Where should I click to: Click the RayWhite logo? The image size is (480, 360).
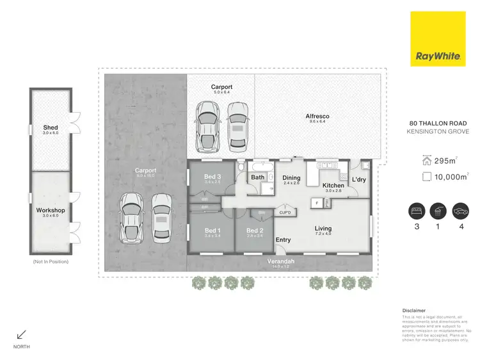click(438, 56)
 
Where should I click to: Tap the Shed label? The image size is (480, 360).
click(51, 128)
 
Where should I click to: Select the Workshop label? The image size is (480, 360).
click(50, 210)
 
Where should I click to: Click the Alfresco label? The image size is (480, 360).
click(317, 117)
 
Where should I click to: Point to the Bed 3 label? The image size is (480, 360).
click(212, 177)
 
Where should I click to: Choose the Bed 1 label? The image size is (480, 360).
click(212, 231)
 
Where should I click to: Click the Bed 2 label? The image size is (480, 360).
click(255, 231)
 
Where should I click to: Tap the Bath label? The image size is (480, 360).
click(258, 177)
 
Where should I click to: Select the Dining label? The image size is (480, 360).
click(292, 177)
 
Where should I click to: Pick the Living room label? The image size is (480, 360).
click(323, 228)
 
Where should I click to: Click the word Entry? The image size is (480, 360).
click(283, 240)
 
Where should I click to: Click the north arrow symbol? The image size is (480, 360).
click(21, 334)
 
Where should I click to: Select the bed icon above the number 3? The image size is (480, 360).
click(417, 212)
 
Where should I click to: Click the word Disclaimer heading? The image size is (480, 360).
click(413, 309)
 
